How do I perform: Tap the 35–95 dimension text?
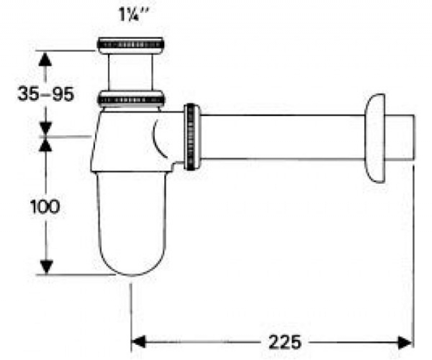pos(46,94)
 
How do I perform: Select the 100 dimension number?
pos(45,206)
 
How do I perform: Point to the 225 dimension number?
pos(285,342)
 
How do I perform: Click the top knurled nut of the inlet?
pos(131,45)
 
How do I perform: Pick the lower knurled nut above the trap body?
pos(131,99)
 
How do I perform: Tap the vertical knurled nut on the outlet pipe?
pos(192,137)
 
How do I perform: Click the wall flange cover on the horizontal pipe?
pos(375,138)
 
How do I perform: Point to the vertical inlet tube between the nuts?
pos(131,72)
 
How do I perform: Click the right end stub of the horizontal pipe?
pos(400,137)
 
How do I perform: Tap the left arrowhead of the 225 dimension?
pos(138,342)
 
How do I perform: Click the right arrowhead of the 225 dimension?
pos(405,342)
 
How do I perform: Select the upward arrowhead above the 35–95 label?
pos(45,59)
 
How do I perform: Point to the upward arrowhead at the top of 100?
pos(45,144)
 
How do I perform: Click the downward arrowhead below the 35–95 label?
pos(45,129)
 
